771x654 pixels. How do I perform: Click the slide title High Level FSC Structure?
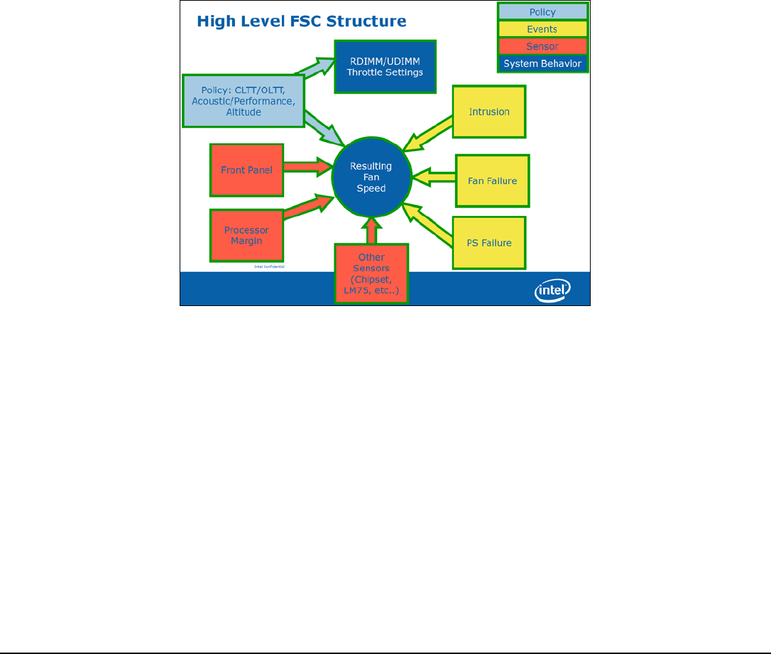[301, 21]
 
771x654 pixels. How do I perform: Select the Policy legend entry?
[542, 12]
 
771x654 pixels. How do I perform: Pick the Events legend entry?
[542, 29]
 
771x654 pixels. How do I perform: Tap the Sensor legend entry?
[542, 46]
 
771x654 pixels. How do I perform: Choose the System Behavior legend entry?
[542, 63]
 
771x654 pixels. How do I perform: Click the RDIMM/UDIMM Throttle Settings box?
[385, 67]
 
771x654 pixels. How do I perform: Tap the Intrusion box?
[490, 111]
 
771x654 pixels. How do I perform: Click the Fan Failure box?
[492, 180]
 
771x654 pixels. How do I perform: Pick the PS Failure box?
[490, 243]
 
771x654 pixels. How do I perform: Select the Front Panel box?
[246, 170]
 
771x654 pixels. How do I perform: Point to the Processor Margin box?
[246, 235]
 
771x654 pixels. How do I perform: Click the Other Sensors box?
[372, 273]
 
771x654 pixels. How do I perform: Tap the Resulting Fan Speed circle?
[371, 177]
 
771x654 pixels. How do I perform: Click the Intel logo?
[552, 290]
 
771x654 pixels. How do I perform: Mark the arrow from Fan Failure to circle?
[433, 175]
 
